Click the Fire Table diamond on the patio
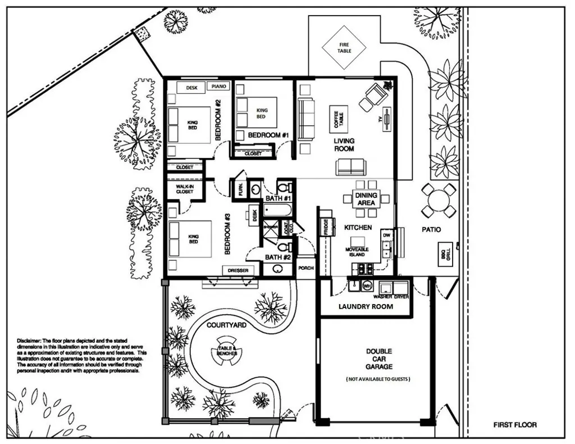coord(344,47)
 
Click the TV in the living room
coord(387,120)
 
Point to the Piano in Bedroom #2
coord(218,87)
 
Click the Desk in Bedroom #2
coord(191,88)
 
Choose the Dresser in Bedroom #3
coord(238,270)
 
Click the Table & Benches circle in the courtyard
coord(227,352)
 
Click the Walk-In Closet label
coord(185,188)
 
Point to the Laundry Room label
coord(366,306)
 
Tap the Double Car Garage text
coord(379,359)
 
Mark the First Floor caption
coord(514,425)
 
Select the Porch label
coord(305,268)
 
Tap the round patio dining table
coord(439,200)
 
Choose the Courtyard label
coord(226,325)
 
